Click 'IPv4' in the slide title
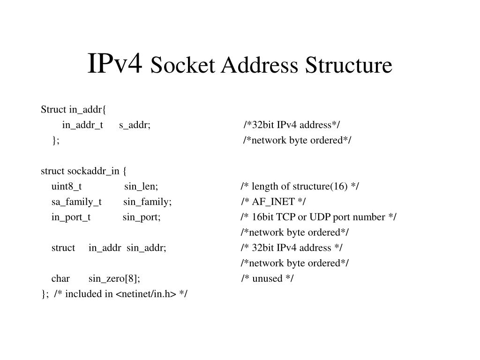[114, 64]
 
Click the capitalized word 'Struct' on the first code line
[53, 110]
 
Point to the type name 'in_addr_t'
[82, 125]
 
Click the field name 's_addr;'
[135, 125]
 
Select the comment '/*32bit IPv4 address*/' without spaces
[292, 125]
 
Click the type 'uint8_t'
[67, 187]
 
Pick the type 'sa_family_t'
[76, 202]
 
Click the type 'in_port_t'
[71, 217]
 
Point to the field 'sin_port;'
[142, 217]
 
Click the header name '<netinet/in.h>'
[146, 294]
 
